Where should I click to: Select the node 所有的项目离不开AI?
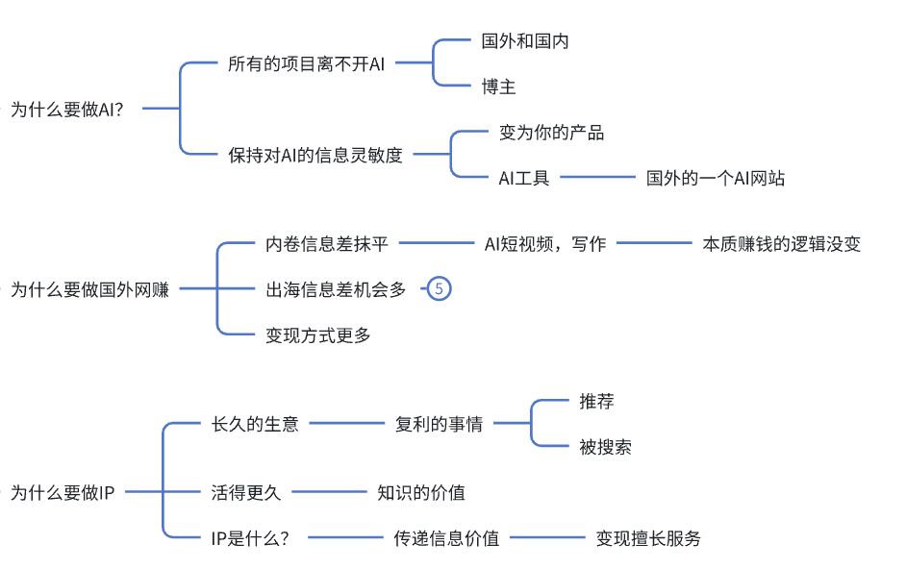click(x=306, y=64)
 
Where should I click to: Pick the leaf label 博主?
click(x=499, y=87)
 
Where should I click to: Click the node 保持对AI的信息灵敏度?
click(x=315, y=156)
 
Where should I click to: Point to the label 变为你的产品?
click(x=551, y=133)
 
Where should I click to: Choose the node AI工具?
click(x=523, y=178)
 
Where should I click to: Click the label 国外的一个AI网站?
click(x=716, y=178)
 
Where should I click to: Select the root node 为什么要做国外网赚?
click(x=89, y=289)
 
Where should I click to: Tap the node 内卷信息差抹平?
click(x=327, y=244)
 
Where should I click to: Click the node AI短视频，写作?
click(x=545, y=244)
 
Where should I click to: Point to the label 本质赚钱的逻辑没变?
click(x=781, y=244)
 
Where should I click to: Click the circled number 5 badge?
click(x=439, y=289)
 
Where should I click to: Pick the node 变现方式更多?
click(x=318, y=335)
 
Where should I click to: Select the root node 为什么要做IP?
click(x=63, y=494)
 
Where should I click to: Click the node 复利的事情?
click(x=439, y=424)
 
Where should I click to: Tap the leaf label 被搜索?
click(x=605, y=447)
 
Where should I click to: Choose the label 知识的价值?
click(x=421, y=493)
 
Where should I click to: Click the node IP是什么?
click(x=250, y=538)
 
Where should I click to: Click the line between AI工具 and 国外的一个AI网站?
click(x=597, y=178)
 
